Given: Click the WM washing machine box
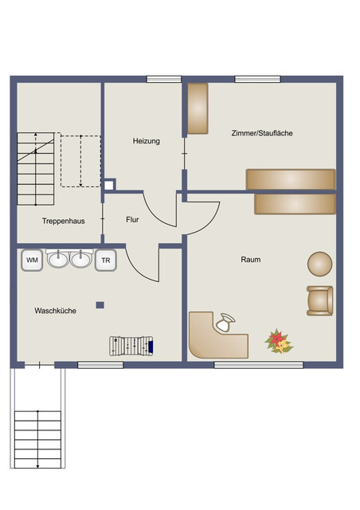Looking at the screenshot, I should [32, 260].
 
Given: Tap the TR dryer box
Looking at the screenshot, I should [105, 260].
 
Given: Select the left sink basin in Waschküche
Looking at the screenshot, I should [58, 259].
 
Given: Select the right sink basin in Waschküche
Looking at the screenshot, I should [80, 259].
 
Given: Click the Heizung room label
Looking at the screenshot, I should [146, 141].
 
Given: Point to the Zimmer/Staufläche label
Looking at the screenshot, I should [262, 133].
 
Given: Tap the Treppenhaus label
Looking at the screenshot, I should [64, 221].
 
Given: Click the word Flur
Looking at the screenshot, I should [134, 219].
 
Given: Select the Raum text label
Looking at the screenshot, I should [251, 259].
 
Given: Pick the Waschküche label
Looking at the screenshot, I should [55, 311].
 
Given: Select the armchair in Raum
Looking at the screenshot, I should [320, 300].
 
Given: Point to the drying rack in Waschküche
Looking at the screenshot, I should [132, 346].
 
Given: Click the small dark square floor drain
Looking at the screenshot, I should [100, 304].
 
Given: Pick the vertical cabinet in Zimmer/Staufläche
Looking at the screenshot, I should [198, 108].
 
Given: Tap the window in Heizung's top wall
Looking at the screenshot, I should [164, 79].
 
